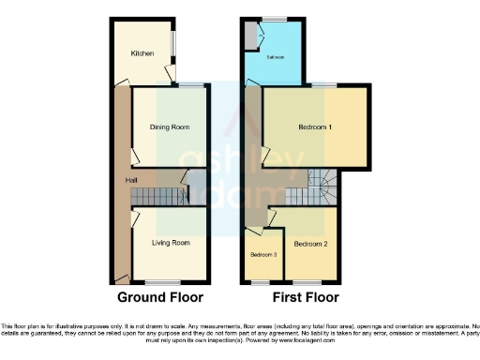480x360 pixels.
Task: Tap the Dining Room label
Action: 170,127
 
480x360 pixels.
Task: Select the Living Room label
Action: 171,243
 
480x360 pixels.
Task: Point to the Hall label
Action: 119,180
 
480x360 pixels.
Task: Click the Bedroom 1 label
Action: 315,127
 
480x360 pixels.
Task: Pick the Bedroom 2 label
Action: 308,244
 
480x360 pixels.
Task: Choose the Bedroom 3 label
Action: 262,255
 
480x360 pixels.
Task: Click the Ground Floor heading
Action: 159,298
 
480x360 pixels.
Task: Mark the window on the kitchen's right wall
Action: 172,48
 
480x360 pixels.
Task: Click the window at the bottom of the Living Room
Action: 163,282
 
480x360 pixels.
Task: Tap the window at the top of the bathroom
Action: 274,19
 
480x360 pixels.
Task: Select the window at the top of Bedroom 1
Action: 324,86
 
